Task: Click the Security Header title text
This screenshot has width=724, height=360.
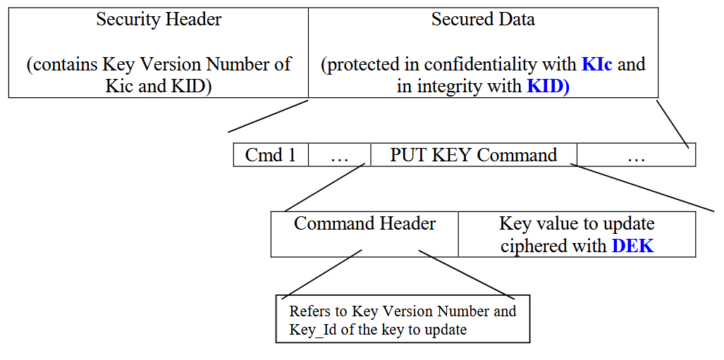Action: pos(159,20)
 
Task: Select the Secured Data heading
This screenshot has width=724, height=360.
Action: pos(483,20)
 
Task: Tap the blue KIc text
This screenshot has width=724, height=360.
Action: pos(597,65)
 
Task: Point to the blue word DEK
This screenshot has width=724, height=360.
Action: pos(632,246)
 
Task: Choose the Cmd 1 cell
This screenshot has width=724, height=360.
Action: pos(271,155)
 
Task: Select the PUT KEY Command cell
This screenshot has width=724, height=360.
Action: pos(473,155)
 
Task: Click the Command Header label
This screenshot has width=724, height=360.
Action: pos(364,224)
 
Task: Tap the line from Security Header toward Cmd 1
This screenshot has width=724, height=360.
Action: pos(268,116)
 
